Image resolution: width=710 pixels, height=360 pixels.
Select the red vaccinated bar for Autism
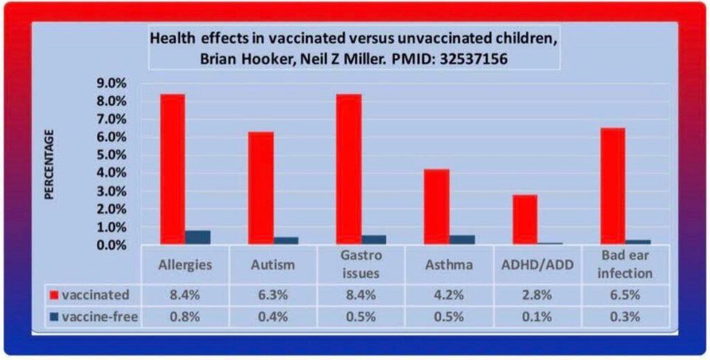(x=261, y=187)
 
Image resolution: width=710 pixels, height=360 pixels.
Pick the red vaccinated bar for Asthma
(x=437, y=206)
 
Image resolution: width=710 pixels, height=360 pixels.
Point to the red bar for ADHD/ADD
(x=525, y=219)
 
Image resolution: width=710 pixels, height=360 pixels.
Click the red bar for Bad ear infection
(x=613, y=186)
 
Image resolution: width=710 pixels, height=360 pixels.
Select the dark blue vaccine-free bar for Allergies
(x=198, y=237)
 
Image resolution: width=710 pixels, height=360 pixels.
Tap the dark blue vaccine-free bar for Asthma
(x=462, y=239)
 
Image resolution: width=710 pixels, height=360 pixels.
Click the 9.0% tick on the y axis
(x=112, y=83)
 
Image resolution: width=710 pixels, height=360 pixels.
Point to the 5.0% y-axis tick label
(x=112, y=155)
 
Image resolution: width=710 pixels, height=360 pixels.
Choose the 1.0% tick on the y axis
(x=112, y=227)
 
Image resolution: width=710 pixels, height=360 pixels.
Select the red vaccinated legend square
(x=53, y=295)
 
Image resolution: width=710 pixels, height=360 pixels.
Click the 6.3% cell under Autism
(x=273, y=295)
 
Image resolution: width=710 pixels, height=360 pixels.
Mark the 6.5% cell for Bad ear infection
(x=625, y=295)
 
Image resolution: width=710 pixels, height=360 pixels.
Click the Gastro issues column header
(x=361, y=264)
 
